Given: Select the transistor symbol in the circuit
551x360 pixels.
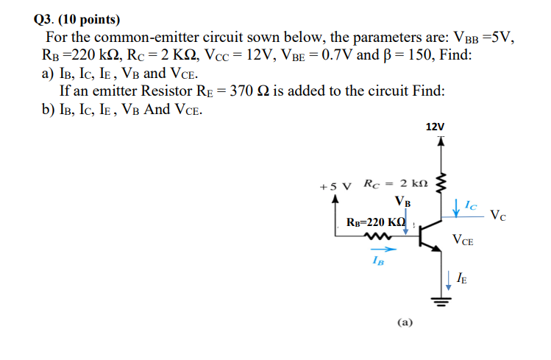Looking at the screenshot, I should (x=430, y=236).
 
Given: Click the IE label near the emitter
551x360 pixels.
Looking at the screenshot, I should (x=461, y=278).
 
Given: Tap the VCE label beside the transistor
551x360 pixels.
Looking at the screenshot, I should (x=463, y=239).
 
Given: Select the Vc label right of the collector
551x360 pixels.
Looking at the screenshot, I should (x=498, y=216).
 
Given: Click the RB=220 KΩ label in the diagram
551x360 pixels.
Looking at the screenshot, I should (x=375, y=222).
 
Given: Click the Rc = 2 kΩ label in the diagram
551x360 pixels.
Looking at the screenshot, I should (x=391, y=183).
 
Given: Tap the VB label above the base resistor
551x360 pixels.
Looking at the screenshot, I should (x=402, y=200).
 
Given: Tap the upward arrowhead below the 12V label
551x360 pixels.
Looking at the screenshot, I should (x=441, y=141).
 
